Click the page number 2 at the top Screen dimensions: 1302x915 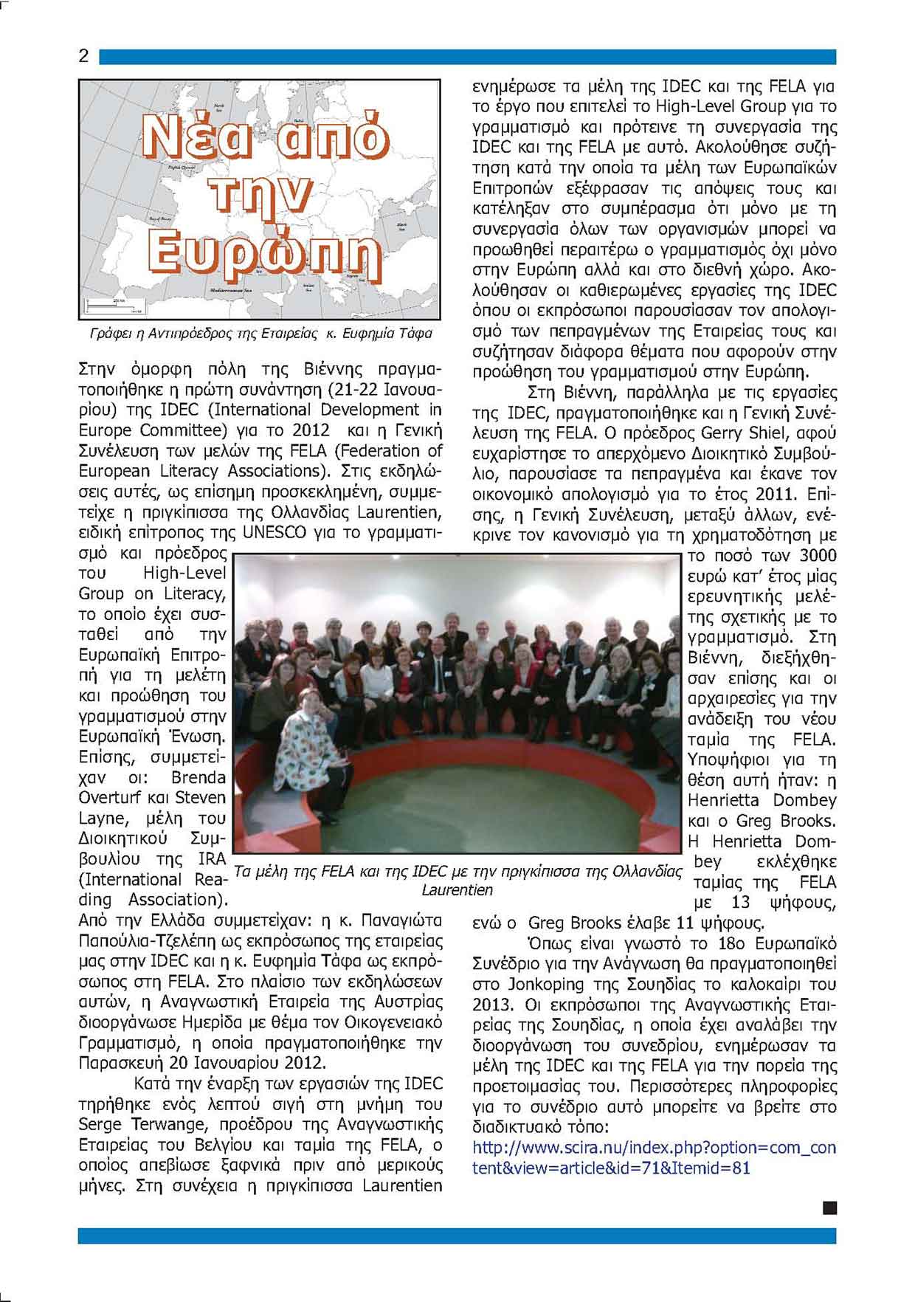tap(83, 56)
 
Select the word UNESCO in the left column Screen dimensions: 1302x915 tap(274, 532)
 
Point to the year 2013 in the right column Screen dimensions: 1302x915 tap(492, 1005)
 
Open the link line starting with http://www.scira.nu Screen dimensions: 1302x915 tap(654, 1148)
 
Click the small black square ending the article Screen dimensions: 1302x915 tap(829, 1208)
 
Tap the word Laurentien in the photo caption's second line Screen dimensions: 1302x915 tap(457, 890)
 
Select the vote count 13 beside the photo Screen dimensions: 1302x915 tap(740, 902)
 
